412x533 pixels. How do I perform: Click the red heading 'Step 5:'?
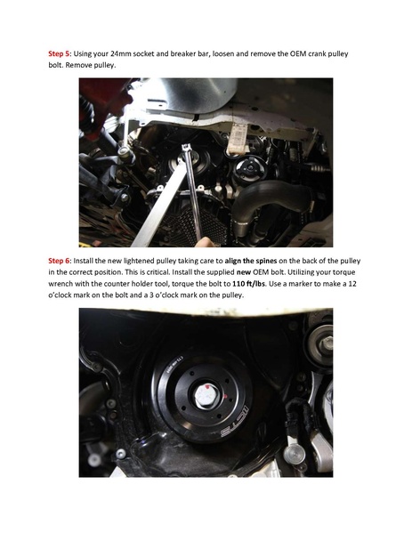pyautogui.click(x=61, y=54)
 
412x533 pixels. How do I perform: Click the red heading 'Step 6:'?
pyautogui.click(x=61, y=261)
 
